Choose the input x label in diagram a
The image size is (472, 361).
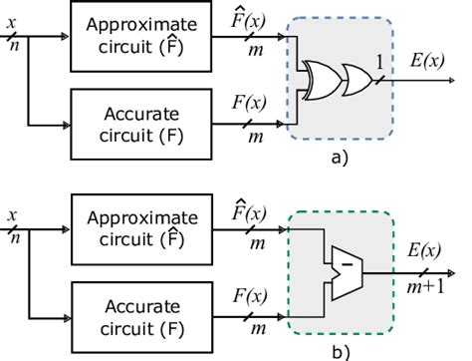pos(11,17)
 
